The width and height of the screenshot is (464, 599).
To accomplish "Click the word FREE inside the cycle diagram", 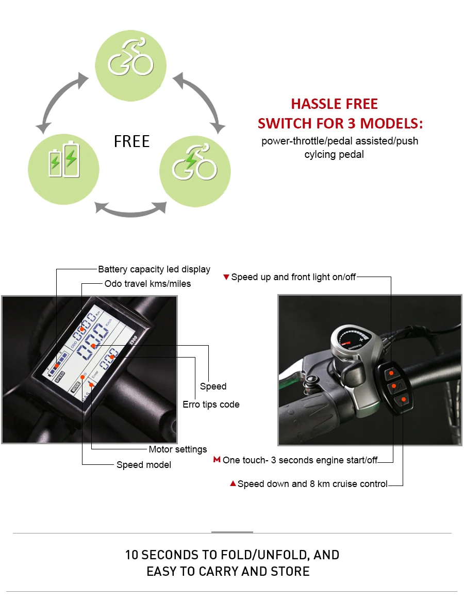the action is point(131,141).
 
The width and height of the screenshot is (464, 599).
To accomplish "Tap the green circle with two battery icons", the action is point(64,169).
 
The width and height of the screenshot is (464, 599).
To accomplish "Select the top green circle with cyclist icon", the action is point(130,66).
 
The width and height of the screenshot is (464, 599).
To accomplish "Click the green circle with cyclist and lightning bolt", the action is point(195,171).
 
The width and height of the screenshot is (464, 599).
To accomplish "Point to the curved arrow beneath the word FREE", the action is point(130,213).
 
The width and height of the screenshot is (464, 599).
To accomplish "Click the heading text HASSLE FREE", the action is point(334,104).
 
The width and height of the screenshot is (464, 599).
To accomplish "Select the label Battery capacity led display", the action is point(154,269).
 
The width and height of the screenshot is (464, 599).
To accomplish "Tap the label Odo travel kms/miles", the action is point(147,284).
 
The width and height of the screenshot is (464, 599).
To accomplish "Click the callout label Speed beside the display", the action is point(213,386).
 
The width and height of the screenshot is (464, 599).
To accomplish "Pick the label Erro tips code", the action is point(211,404).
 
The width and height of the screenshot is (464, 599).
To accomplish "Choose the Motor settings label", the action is point(178,449).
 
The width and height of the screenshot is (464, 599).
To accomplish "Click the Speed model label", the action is point(144,465).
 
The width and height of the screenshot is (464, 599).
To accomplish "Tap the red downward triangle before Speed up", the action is point(226,277).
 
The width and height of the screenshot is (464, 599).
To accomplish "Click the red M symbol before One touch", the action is point(217,460).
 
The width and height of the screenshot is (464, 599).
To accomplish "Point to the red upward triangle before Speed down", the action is point(233,483).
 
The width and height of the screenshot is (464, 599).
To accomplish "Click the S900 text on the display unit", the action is point(133,339).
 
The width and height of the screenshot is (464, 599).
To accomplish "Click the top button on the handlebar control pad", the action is point(391,373).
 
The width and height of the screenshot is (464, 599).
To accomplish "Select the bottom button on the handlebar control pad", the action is point(403,400).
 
